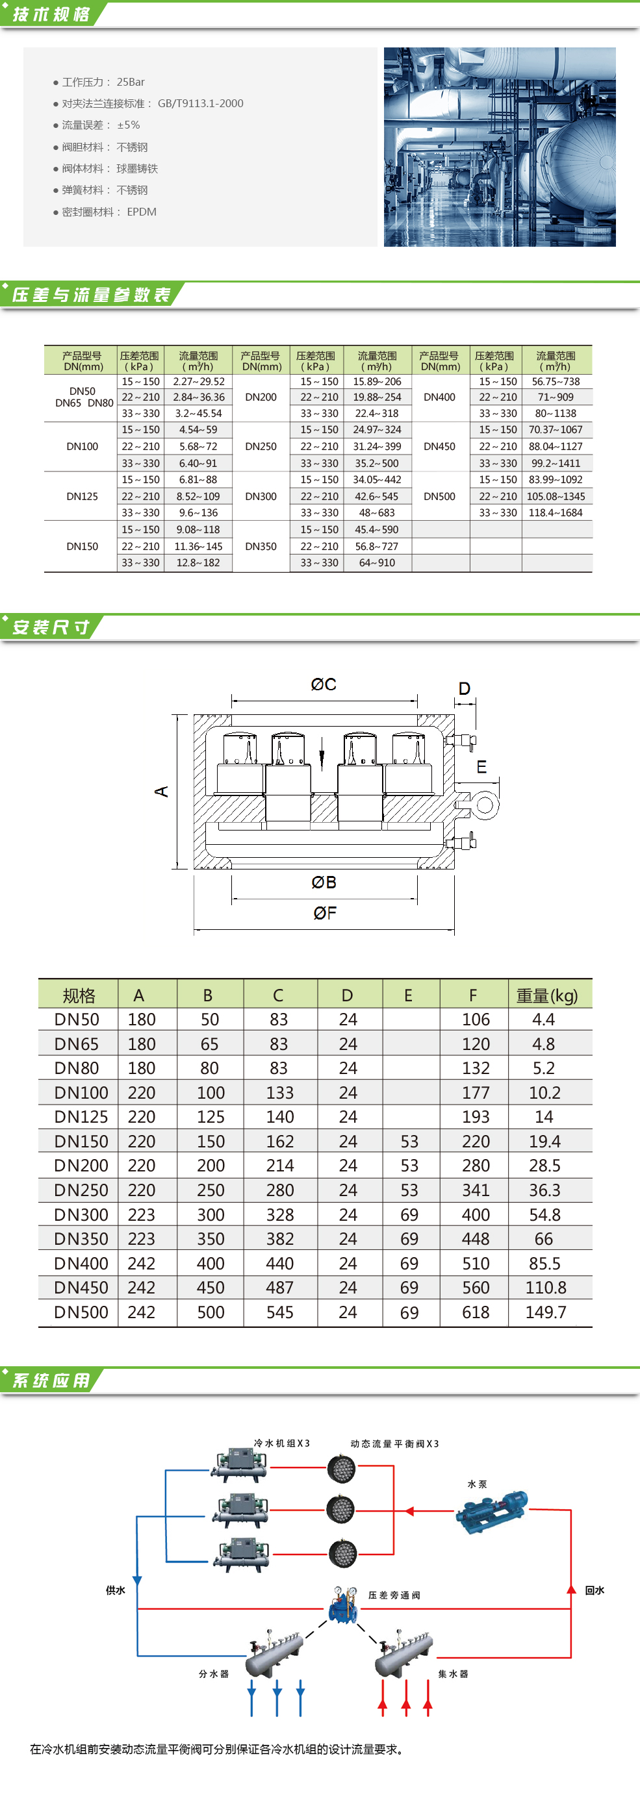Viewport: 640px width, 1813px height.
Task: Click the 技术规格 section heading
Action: pos(51,14)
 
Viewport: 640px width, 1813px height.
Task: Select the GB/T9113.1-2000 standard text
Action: pos(200,103)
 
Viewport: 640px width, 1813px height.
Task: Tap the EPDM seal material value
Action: pos(142,212)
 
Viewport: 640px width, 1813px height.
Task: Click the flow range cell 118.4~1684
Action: pos(556,513)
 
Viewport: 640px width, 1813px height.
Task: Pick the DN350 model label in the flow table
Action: pos(261,546)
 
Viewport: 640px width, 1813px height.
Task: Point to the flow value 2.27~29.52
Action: pos(199,381)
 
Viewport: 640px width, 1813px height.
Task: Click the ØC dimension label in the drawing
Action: pos(323,684)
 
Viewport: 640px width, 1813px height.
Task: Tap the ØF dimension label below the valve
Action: pos(325,913)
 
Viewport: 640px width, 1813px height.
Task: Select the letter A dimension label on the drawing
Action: pos(162,791)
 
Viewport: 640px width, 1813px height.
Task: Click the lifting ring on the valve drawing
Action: pos(485,806)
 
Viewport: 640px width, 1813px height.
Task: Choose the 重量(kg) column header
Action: pos(546,996)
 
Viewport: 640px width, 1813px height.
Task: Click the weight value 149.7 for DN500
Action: pos(545,1312)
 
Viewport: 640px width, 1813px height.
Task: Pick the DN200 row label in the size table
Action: pos(81,1166)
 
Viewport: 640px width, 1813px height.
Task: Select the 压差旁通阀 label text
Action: pos(394,1595)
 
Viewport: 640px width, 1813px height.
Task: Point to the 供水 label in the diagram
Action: pos(116,1590)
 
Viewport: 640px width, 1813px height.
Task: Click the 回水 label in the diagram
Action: pos(595,1590)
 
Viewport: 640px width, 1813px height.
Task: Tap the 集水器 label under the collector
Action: pos(453,1673)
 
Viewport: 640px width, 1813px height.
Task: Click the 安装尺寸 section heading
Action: pos(51,627)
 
